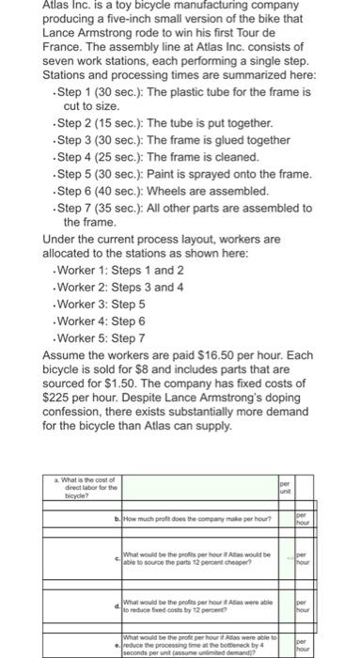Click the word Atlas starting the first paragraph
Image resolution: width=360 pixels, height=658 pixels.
coord(58,6)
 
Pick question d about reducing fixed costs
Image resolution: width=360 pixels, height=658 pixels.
coord(188,601)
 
